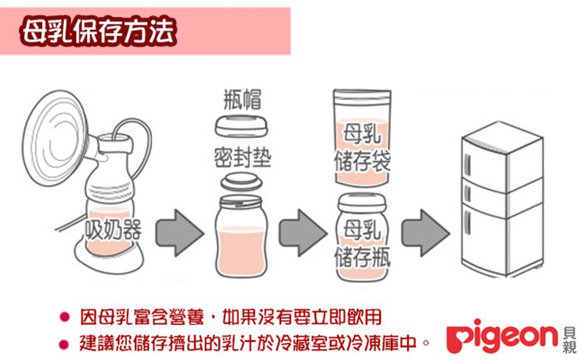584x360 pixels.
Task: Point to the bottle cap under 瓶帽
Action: [241, 127]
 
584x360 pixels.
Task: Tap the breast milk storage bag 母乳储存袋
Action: [361, 140]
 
